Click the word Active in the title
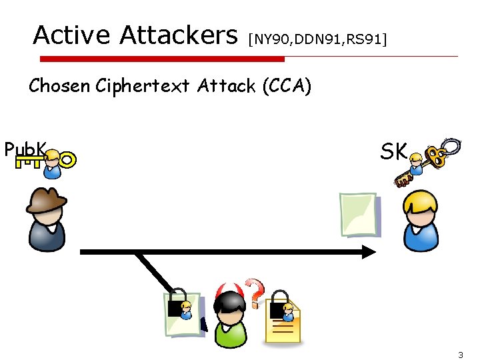point(73,35)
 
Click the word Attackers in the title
point(178,35)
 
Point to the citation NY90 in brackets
point(269,39)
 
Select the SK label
point(393,151)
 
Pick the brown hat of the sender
point(47,198)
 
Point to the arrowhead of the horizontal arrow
point(369,252)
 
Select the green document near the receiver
point(358,213)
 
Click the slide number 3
point(461,355)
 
